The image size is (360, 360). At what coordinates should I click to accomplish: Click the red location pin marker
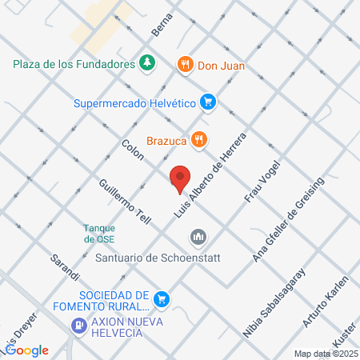click(181, 179)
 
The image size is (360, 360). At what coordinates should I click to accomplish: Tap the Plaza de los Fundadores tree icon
click(146, 63)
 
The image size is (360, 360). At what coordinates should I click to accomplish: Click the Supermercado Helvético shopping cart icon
click(208, 102)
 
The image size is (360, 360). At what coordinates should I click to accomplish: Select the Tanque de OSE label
click(100, 232)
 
